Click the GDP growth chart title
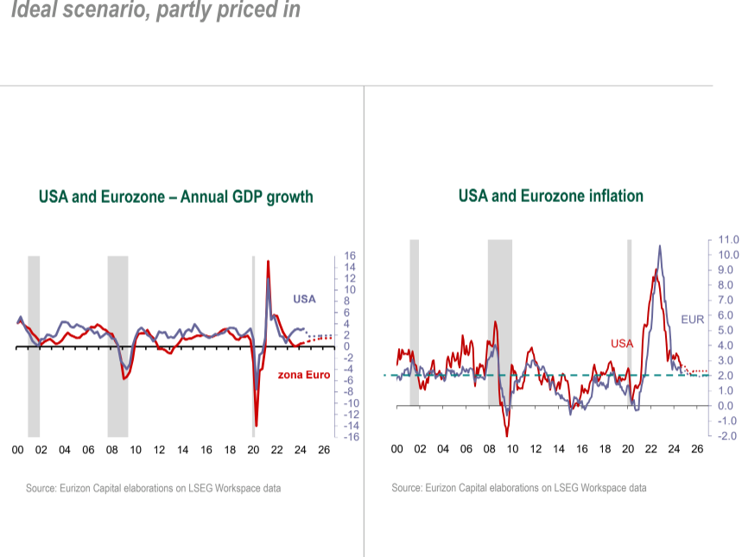pos(175,197)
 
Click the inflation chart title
pos(550,196)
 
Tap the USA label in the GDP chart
pos(304,300)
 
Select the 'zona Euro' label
pos(303,376)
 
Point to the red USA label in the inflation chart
pos(622,343)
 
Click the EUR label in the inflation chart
pos(692,319)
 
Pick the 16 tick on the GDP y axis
pos(351,256)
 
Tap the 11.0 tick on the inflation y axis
pos(728,239)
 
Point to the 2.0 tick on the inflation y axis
pos(728,376)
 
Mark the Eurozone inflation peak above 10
pos(660,246)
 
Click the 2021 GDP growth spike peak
pos(269,261)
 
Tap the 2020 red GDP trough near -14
pos(256,425)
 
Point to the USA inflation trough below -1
pos(507,434)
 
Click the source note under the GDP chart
pos(153,489)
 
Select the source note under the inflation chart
pos(518,488)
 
